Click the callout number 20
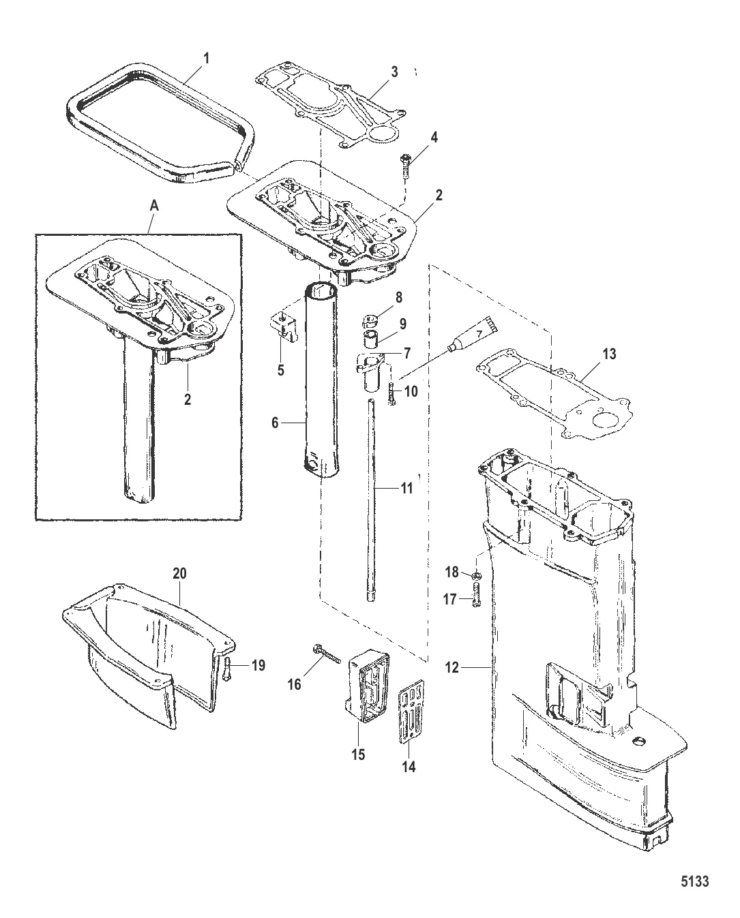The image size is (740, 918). tap(179, 574)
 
